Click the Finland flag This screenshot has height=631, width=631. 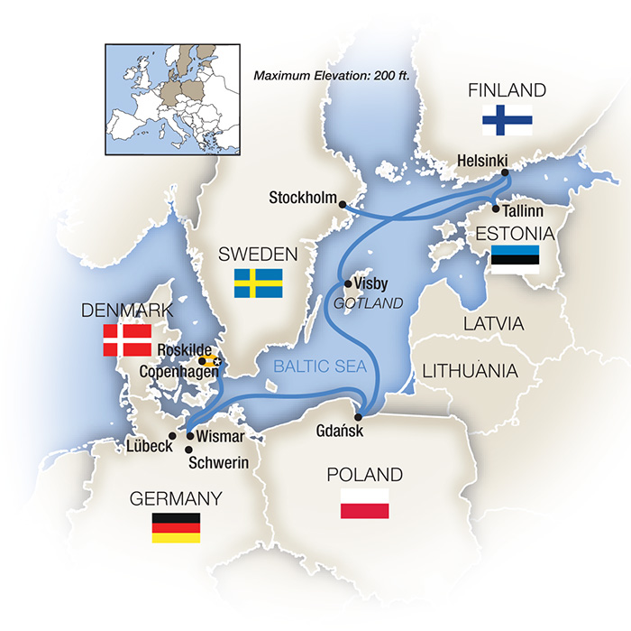click(x=507, y=120)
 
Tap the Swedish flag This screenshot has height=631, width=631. click(x=259, y=283)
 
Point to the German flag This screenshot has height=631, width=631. click(x=175, y=526)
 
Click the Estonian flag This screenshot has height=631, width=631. click(x=516, y=259)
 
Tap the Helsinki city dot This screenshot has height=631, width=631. click(x=505, y=172)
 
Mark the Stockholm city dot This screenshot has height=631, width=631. click(x=343, y=205)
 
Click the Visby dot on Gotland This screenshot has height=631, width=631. click(x=348, y=283)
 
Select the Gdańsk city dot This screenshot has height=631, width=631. click(x=359, y=417)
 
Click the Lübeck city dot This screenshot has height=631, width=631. click(x=172, y=435)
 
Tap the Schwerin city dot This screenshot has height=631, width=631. click(x=189, y=448)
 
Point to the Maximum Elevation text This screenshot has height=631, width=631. click(x=332, y=75)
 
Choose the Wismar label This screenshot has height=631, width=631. click(x=220, y=437)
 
